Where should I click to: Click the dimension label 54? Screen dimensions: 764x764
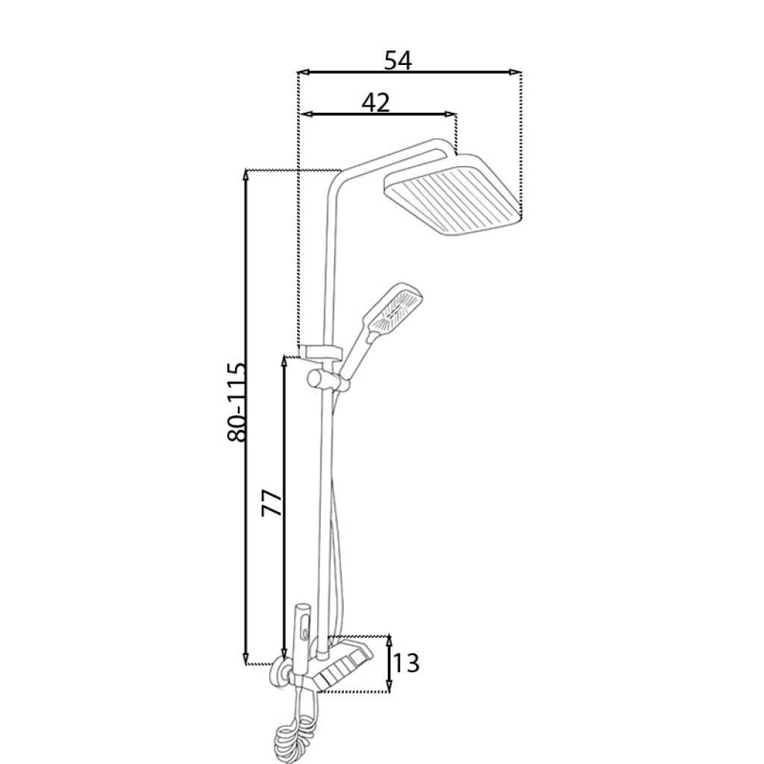[398, 60]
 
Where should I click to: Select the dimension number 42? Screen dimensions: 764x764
[376, 102]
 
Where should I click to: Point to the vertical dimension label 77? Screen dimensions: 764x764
[272, 504]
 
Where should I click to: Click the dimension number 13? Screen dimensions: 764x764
[405, 663]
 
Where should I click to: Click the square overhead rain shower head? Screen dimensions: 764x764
[453, 195]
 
